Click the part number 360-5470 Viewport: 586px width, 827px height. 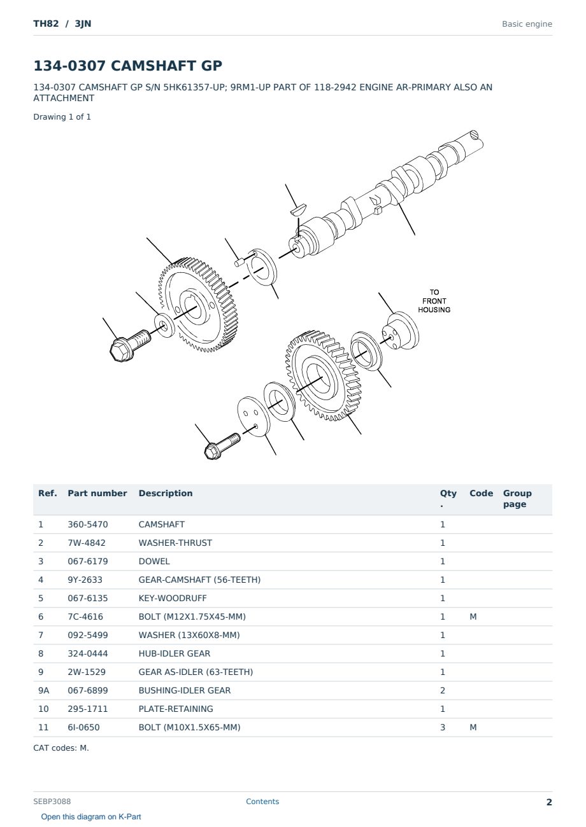tap(88, 524)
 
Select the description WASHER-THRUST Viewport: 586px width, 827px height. tap(175, 543)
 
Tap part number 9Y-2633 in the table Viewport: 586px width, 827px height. tap(85, 580)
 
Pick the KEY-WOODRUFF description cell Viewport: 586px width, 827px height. tap(172, 598)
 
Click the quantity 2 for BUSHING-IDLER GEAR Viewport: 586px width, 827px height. tap(443, 690)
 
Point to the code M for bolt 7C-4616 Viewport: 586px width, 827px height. tap(473, 616)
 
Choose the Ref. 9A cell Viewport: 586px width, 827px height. tap(43, 690)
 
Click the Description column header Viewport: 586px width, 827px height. tap(166, 493)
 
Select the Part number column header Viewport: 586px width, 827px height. tap(97, 493)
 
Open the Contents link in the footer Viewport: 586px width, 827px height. tap(262, 802)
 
